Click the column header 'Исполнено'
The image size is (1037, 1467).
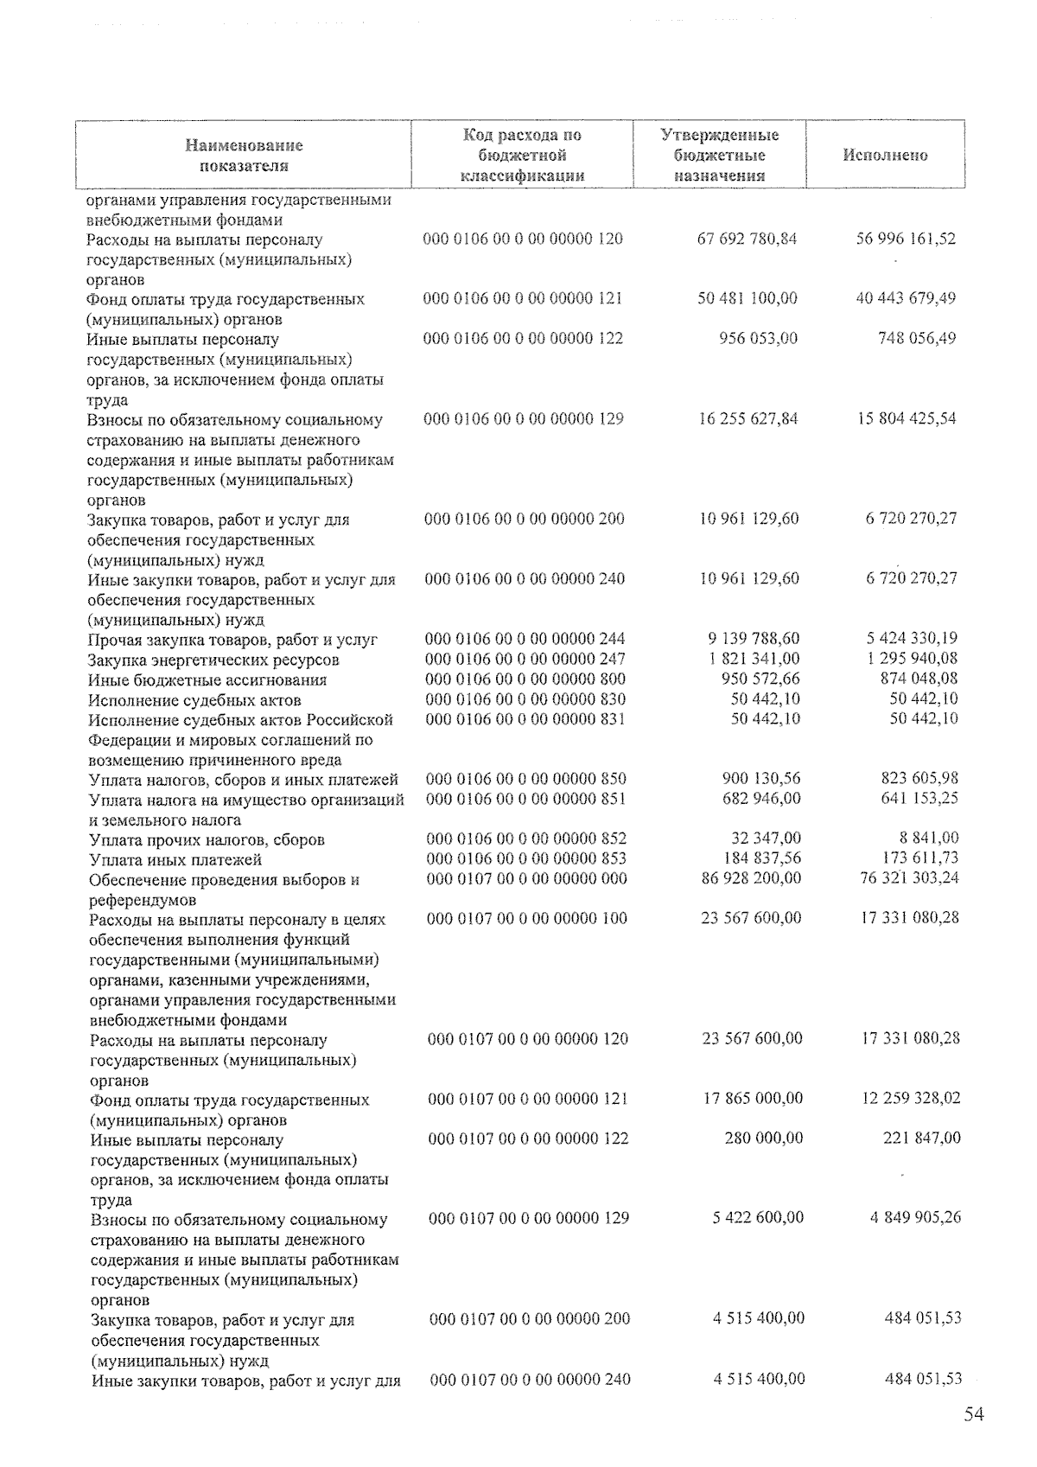(885, 156)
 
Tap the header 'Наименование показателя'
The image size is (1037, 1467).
(244, 156)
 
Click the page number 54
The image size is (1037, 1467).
(974, 1415)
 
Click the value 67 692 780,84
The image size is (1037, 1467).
(747, 239)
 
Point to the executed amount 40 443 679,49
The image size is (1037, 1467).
(905, 298)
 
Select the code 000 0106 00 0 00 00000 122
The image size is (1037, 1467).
(523, 338)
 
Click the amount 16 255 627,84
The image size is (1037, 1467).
(748, 419)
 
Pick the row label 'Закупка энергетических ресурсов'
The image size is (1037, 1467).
(213, 660)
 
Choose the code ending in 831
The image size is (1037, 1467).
(525, 718)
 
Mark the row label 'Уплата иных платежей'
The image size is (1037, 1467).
(175, 860)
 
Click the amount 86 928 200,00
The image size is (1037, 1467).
(750, 878)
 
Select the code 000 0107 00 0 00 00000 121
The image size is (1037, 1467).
(528, 1099)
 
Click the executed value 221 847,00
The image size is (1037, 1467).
(921, 1139)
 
